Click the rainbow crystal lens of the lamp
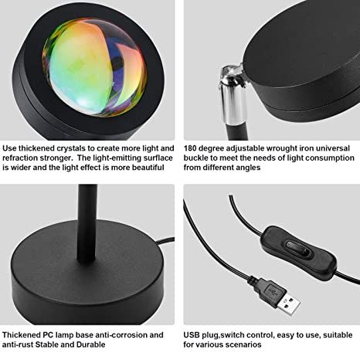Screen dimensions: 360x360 pos(94,67)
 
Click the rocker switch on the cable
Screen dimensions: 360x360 pos(298,249)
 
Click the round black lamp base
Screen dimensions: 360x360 pos(87,278)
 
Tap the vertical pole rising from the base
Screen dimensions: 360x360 pos(87,224)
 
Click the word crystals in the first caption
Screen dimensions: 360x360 pos(71,148)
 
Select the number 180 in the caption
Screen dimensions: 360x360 pos(190,148)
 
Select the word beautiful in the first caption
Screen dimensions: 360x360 pos(148,168)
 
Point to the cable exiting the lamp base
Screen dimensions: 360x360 pos(166,243)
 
